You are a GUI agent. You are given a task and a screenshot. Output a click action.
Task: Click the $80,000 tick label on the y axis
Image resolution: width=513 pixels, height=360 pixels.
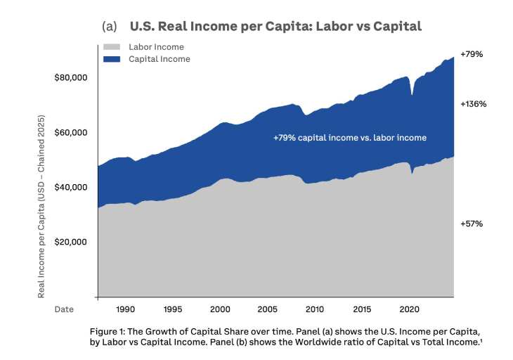(70, 77)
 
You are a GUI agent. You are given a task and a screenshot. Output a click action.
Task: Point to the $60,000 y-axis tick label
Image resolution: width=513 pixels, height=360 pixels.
(70, 132)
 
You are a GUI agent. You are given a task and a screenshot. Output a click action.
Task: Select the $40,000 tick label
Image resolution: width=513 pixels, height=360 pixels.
(70, 187)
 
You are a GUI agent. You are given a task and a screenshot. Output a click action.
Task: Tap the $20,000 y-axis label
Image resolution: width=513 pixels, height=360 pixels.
(70, 242)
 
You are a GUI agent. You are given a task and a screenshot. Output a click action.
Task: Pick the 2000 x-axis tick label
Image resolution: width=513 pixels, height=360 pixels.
(220, 309)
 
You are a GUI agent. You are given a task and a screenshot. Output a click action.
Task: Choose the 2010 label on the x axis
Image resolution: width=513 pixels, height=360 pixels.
(315, 309)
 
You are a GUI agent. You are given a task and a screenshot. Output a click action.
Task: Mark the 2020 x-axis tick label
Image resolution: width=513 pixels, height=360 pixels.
(409, 309)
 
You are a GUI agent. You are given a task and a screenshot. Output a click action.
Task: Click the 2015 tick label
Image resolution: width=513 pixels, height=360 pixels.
(362, 309)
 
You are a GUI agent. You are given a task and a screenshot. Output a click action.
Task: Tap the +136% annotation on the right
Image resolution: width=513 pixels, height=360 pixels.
(474, 104)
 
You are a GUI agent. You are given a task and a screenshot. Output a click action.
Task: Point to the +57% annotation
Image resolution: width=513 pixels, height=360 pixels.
(472, 224)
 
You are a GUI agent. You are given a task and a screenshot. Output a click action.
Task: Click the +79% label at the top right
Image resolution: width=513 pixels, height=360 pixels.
(472, 54)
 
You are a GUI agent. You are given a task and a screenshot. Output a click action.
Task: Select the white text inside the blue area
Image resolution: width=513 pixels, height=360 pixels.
(349, 138)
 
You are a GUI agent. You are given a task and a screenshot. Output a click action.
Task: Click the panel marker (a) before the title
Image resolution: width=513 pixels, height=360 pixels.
(109, 27)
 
